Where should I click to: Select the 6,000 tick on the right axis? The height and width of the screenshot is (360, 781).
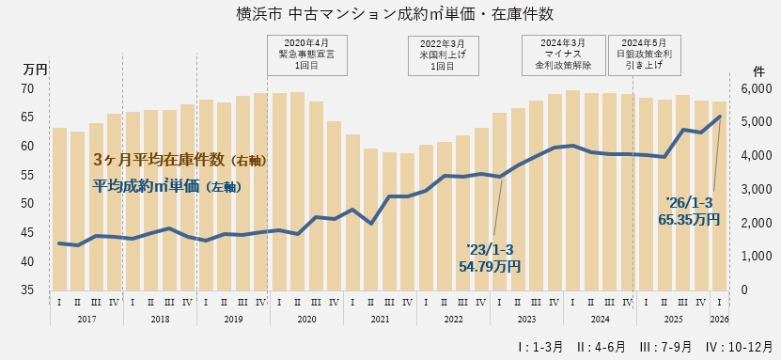click(756, 88)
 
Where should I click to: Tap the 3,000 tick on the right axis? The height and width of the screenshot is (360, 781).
click(756, 189)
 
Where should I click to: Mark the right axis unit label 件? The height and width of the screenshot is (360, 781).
click(759, 70)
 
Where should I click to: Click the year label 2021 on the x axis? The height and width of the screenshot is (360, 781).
click(380, 320)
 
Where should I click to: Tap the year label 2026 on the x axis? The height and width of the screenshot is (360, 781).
click(720, 320)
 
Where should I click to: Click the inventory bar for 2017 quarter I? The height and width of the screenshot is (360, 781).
click(59, 209)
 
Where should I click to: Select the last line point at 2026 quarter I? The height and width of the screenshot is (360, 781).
click(719, 117)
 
